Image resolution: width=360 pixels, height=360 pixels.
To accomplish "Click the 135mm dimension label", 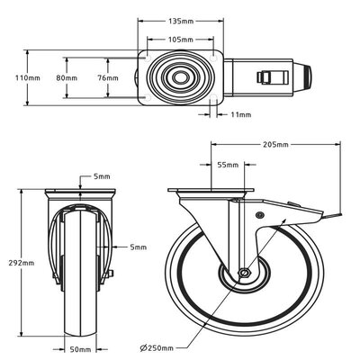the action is pos(181,22).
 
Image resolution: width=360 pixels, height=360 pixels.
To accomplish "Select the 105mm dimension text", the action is pos(180,40).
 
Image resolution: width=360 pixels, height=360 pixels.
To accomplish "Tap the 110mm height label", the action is pos(28,78).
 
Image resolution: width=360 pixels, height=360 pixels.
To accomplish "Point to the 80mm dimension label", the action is pos(67,78).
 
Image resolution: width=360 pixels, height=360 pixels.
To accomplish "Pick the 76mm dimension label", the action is pos(108,78).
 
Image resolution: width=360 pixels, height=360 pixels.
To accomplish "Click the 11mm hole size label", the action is pos(241,114).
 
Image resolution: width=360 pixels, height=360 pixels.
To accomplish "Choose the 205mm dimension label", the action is pos(275,145).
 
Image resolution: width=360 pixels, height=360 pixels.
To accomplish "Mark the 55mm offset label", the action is pos(228,165).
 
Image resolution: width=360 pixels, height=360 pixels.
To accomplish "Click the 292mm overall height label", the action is pos(21,263).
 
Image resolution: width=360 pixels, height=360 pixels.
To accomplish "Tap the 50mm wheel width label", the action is pos(80,349).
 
